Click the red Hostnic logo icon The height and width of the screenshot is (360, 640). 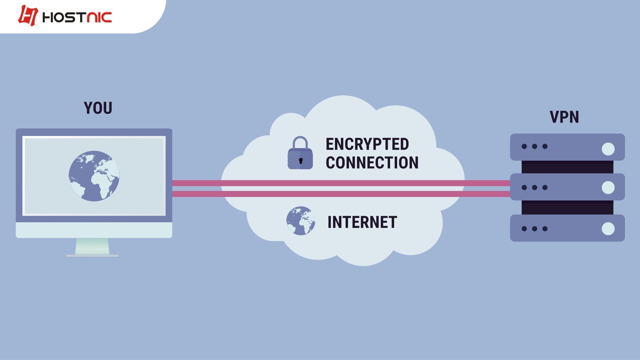[x=28, y=16]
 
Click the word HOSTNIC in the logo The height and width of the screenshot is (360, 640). [x=77, y=17]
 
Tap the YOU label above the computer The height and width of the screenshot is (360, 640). [x=98, y=108]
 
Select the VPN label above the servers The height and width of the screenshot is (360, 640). [x=564, y=117]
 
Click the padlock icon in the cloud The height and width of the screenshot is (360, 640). [x=300, y=154]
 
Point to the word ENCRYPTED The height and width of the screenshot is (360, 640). [x=367, y=144]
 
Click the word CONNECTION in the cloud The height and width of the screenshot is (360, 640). [x=372, y=163]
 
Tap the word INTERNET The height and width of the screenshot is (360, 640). [x=362, y=222]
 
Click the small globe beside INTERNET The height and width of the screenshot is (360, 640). [x=300, y=221]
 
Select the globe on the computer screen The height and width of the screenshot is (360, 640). [x=94, y=176]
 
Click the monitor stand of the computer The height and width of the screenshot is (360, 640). [x=92, y=246]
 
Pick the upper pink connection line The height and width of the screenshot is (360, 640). [x=340, y=183]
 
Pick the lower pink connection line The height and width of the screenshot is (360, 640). [x=340, y=194]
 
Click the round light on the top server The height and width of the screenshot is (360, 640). [x=608, y=149]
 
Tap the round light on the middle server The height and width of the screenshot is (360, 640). [x=608, y=187]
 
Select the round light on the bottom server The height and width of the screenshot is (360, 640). [x=608, y=229]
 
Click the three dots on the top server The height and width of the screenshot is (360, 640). [x=534, y=146]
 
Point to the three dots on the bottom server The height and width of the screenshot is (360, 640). [x=534, y=229]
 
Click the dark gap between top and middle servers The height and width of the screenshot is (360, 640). [x=567, y=167]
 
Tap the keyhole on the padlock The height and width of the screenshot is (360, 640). [x=300, y=161]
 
